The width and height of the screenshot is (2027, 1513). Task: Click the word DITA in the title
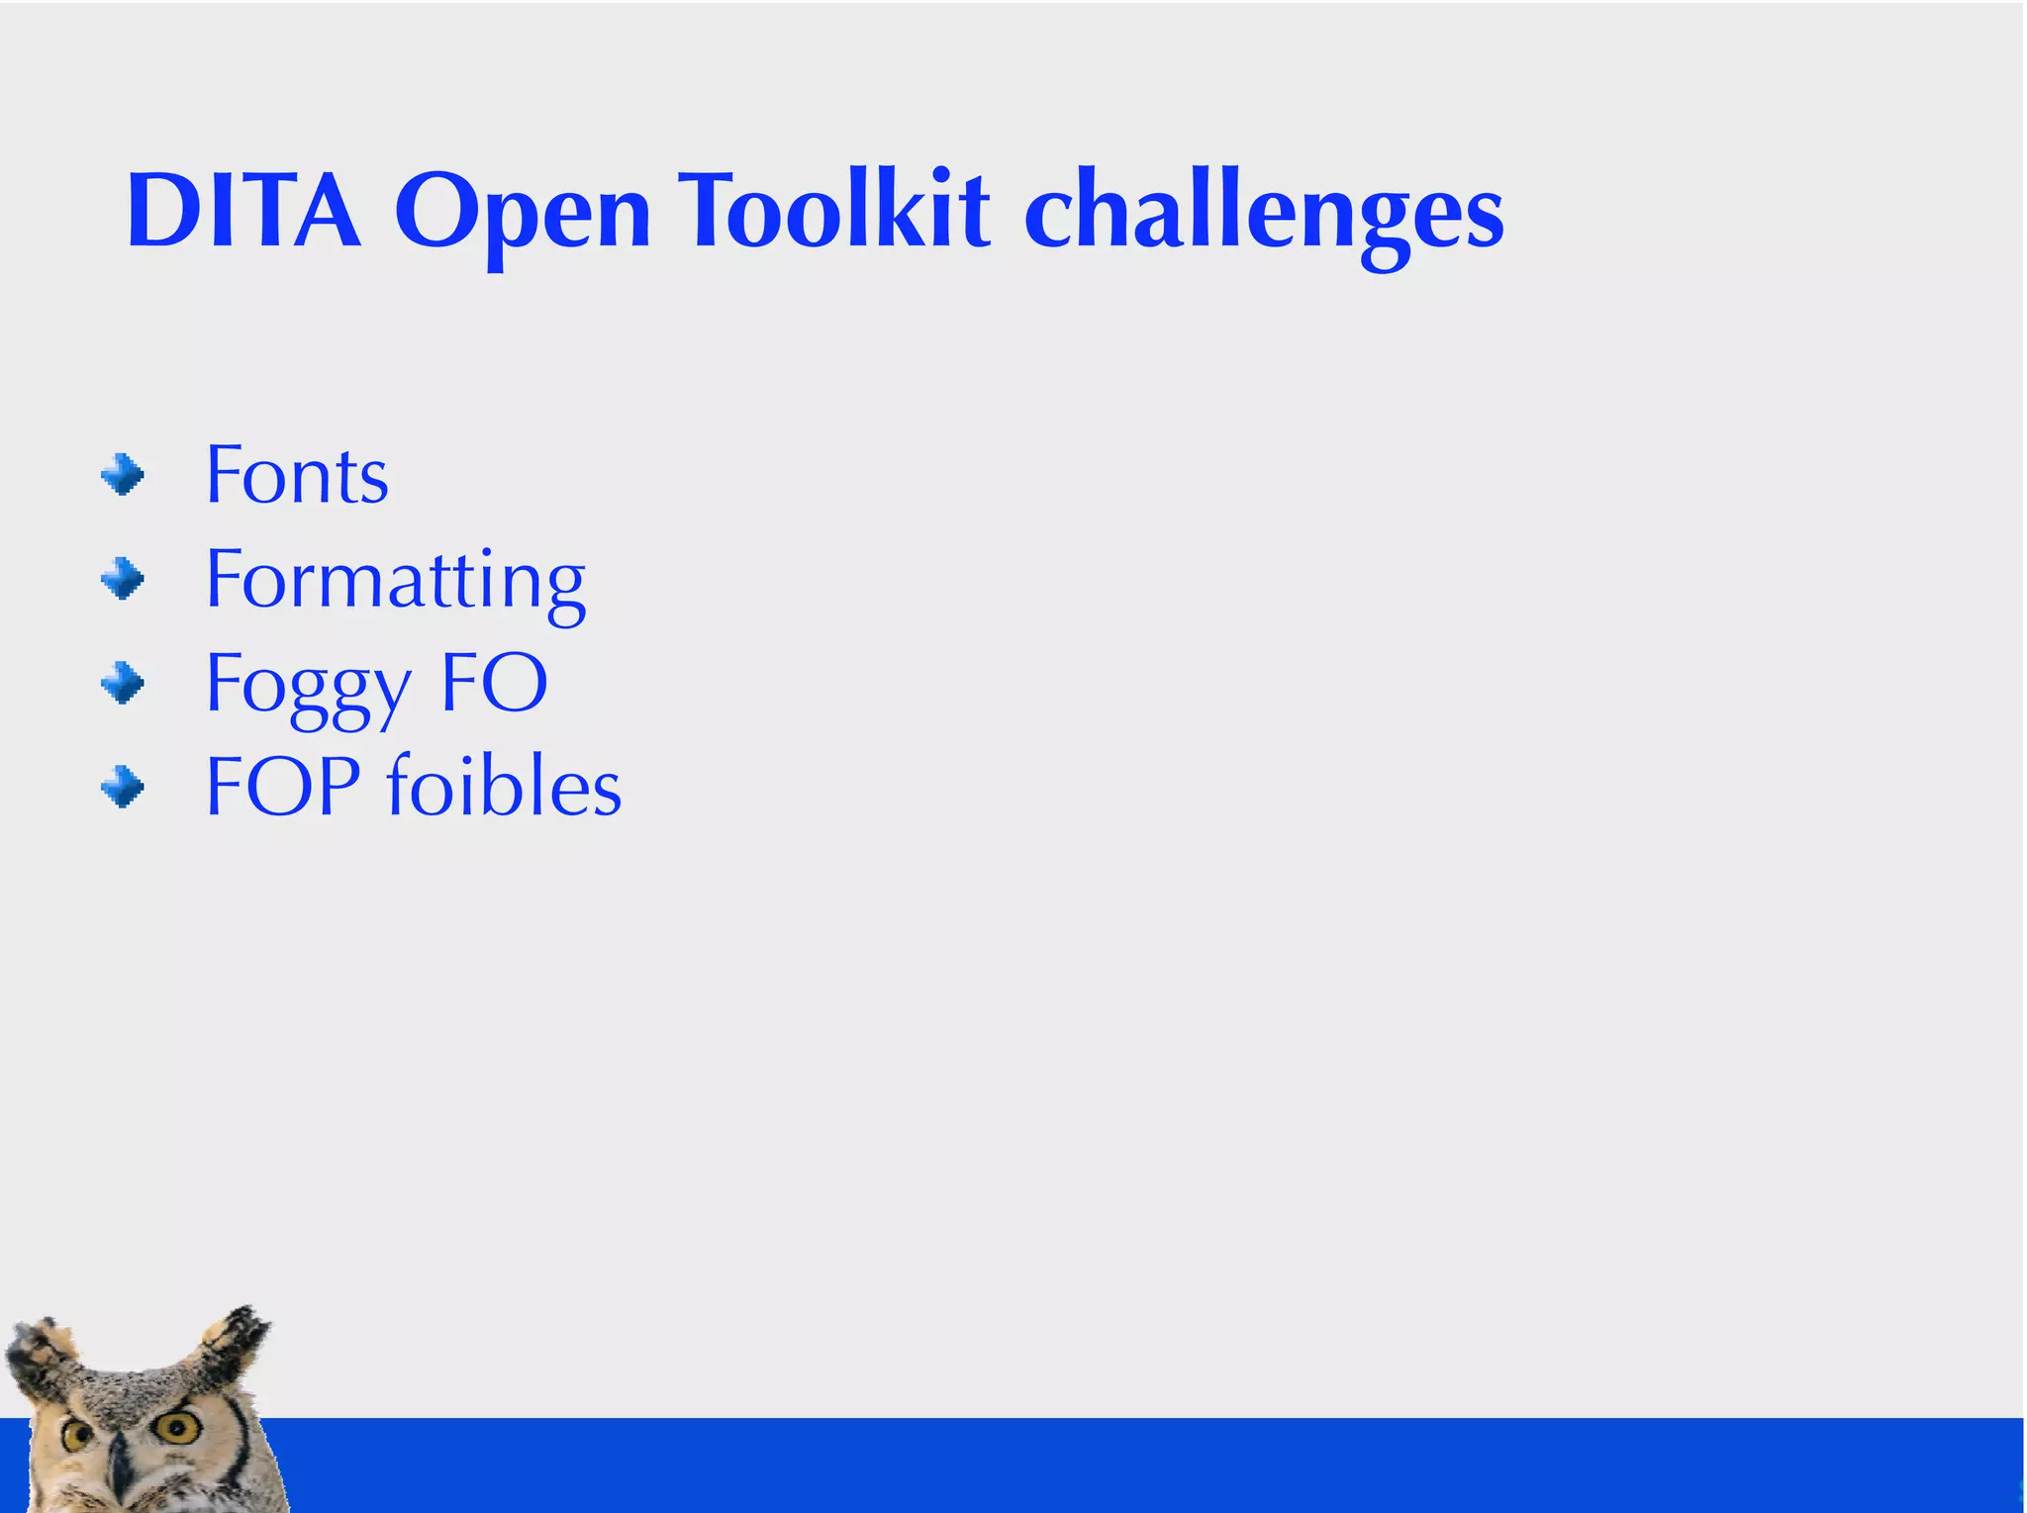point(243,211)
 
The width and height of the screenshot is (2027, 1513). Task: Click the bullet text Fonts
point(297,476)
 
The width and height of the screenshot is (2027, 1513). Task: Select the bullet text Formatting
point(395,583)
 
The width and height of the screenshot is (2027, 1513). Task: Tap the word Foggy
point(308,686)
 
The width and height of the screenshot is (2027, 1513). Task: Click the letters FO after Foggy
point(493,683)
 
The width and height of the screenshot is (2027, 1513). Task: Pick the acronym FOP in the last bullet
point(282,787)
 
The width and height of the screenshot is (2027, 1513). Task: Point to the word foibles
point(503,787)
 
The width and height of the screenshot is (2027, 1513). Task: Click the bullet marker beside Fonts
point(123,475)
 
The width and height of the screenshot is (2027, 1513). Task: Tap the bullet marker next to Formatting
point(123,579)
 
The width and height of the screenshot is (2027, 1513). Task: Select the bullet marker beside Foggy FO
point(123,683)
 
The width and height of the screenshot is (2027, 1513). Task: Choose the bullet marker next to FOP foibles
point(123,788)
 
